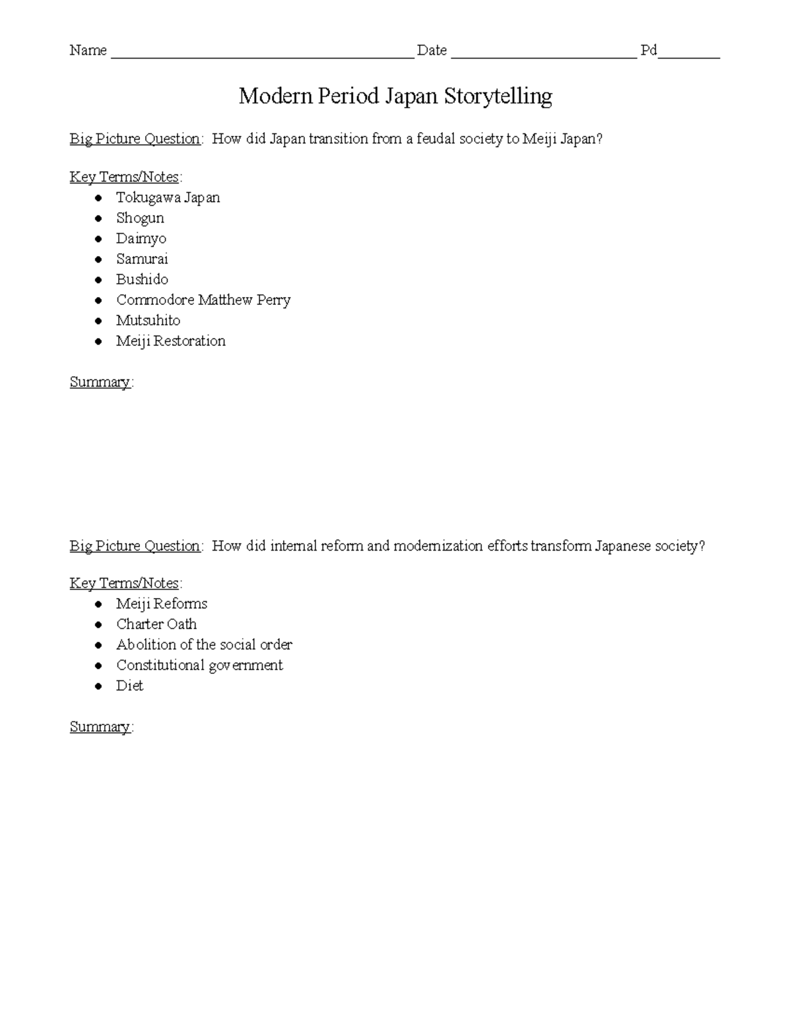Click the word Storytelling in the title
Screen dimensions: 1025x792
(x=498, y=96)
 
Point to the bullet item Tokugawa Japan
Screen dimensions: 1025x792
(x=168, y=197)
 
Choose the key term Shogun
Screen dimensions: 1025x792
(x=140, y=218)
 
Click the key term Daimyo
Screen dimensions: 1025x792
(x=141, y=238)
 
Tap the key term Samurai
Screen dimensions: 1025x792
(x=142, y=259)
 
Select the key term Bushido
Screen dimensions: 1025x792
(x=142, y=279)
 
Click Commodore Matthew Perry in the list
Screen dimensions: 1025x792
(x=203, y=300)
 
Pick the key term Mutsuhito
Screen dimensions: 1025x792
(x=148, y=320)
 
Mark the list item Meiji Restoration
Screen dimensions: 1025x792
(x=170, y=341)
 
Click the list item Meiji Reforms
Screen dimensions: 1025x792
(x=162, y=603)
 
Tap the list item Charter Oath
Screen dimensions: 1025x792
(x=156, y=624)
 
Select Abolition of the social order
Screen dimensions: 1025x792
(x=204, y=644)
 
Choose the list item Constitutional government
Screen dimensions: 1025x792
(x=199, y=665)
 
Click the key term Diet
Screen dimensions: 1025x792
(x=129, y=685)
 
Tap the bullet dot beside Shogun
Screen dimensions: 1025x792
(x=98, y=218)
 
